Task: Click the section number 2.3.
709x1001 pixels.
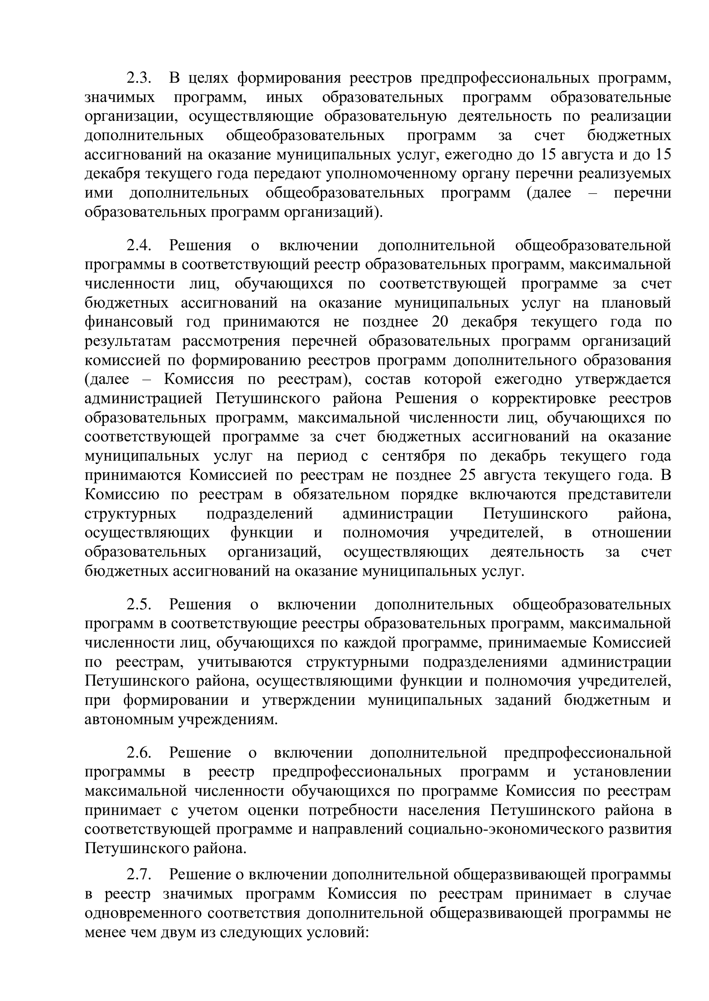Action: (139, 78)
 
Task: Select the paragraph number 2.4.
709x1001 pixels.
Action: (139, 246)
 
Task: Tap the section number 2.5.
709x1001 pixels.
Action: (139, 605)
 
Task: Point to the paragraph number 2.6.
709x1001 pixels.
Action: (139, 753)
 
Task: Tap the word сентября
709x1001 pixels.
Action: (413, 456)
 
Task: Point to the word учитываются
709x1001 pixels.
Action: (245, 662)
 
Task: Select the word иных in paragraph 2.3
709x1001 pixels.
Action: (284, 97)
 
